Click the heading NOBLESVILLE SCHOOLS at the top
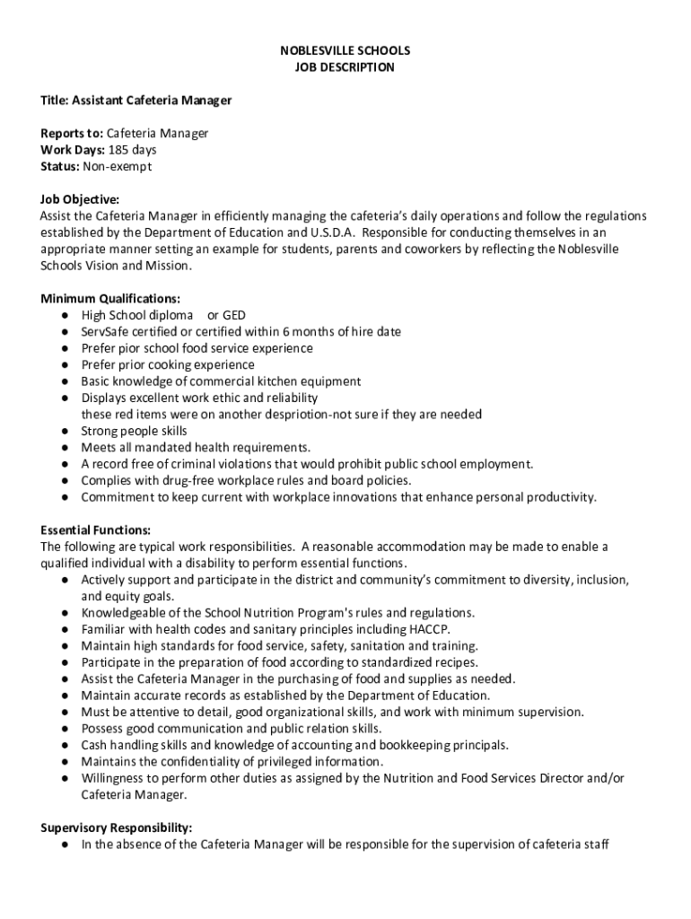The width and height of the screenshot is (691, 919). pyautogui.click(x=345, y=51)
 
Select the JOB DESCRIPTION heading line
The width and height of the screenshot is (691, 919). pyautogui.click(x=345, y=67)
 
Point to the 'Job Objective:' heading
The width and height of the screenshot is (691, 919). pyautogui.click(x=80, y=199)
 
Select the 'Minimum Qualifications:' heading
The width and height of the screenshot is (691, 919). pyautogui.click(x=110, y=299)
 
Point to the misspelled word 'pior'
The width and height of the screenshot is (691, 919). pyautogui.click(x=130, y=348)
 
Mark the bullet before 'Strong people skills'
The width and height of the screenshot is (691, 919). pyautogui.click(x=66, y=431)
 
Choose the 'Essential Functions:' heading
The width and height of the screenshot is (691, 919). pyautogui.click(x=95, y=530)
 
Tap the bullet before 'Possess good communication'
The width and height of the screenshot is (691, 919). pyautogui.click(x=66, y=729)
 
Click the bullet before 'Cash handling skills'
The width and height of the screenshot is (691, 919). pyautogui.click(x=66, y=745)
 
